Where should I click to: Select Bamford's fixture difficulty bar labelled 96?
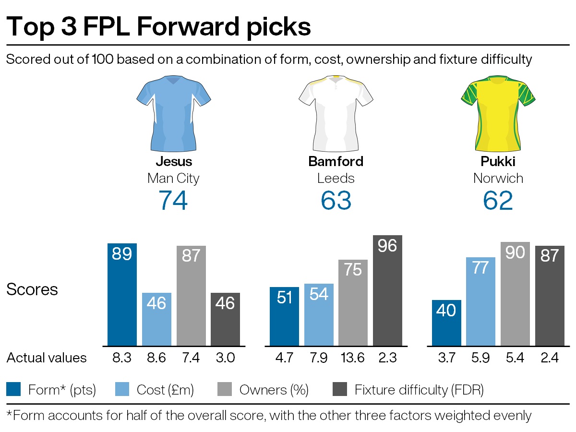pyautogui.click(x=387, y=290)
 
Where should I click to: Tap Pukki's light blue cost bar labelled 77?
pyautogui.click(x=481, y=301)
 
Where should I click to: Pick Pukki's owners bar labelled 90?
pyautogui.click(x=515, y=293)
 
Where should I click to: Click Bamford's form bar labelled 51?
pyautogui.click(x=284, y=316)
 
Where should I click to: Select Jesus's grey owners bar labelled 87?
pyautogui.click(x=191, y=296)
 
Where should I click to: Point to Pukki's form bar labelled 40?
pyautogui.click(x=446, y=323)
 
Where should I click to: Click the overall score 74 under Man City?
pyautogui.click(x=173, y=200)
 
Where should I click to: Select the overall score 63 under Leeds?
pyautogui.click(x=336, y=200)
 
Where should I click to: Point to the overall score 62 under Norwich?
pyautogui.click(x=498, y=200)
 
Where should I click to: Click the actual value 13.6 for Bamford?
pyautogui.click(x=353, y=358)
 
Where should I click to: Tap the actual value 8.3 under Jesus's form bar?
pyautogui.click(x=122, y=358)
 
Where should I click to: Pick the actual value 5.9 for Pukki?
pyautogui.click(x=481, y=358)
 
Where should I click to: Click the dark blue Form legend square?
pyautogui.click(x=13, y=389)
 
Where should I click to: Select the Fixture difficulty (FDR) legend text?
pyautogui.click(x=419, y=390)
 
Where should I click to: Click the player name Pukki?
pyautogui.click(x=498, y=161)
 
